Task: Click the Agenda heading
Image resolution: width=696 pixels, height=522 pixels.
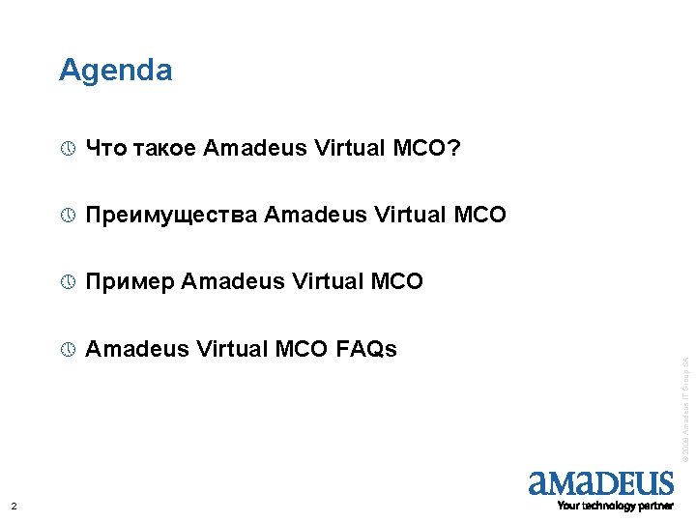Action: [115, 71]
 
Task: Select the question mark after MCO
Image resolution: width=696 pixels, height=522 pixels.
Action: [453, 148]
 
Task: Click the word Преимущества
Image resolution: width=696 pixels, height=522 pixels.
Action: [172, 215]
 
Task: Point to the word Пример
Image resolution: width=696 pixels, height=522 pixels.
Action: [130, 282]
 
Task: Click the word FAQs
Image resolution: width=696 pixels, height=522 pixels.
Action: [366, 350]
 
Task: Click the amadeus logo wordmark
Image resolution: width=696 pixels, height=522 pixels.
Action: [600, 483]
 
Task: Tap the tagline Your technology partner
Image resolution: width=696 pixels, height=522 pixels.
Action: [615, 506]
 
